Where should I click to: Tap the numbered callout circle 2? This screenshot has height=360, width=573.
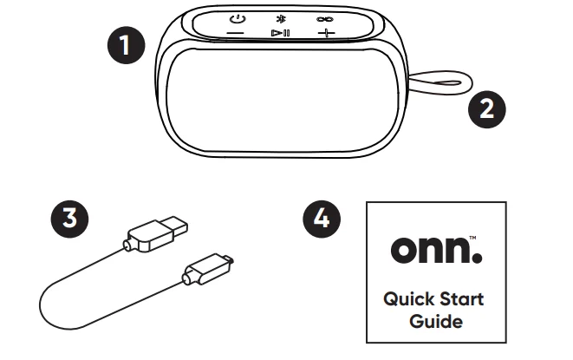[485, 108]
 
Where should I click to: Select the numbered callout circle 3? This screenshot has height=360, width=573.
[81, 218]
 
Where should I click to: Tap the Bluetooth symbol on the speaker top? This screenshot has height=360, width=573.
[279, 18]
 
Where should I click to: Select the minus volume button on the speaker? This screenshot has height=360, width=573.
[236, 33]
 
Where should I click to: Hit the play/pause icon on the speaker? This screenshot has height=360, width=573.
[280, 33]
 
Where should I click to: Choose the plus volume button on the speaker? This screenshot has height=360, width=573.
[325, 33]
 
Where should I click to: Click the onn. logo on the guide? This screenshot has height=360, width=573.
[430, 250]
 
